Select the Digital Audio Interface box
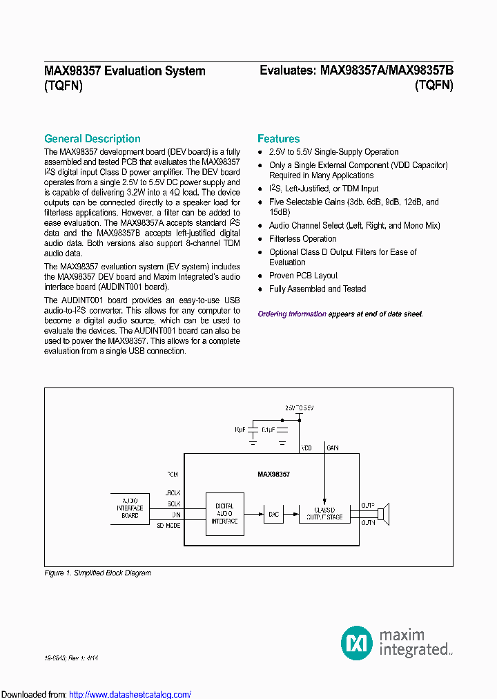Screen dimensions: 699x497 coord(225,513)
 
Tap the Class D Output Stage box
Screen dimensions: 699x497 coord(324,513)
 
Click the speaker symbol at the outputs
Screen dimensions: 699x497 coord(384,513)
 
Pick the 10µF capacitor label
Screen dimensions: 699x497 coord(240,429)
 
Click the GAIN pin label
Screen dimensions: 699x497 coord(333,448)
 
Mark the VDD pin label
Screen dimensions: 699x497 coord(306,448)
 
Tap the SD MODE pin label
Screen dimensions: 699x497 coord(168,526)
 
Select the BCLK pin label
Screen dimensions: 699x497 coord(173,504)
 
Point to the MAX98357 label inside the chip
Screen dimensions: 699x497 coord(273,475)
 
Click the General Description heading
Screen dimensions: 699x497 coord(92,139)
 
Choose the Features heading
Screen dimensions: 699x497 coord(278,139)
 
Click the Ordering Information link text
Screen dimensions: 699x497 coord(291,314)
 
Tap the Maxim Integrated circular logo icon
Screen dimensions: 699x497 coord(357,642)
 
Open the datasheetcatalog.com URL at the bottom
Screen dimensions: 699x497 coord(130,694)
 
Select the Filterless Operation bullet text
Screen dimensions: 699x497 coord(302,239)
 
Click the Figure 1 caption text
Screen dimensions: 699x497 coord(97,573)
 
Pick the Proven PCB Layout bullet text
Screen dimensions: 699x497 coord(303,276)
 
